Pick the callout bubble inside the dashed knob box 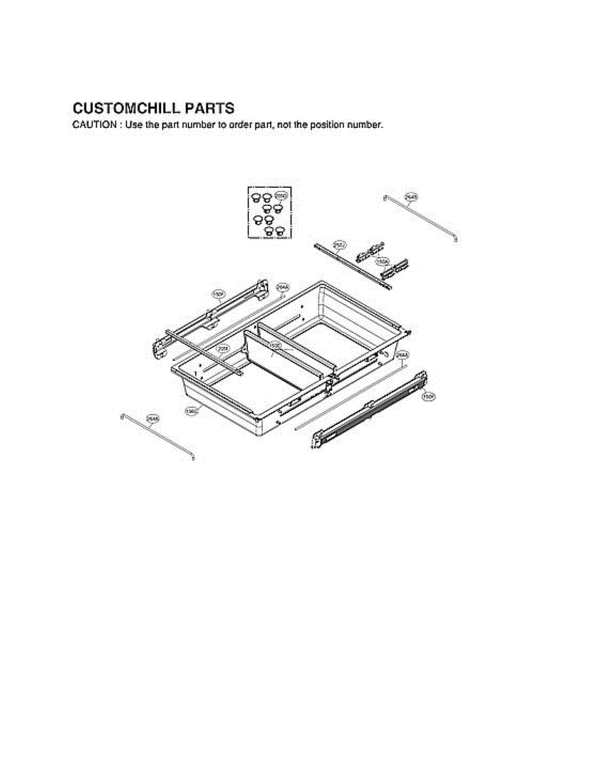(x=281, y=195)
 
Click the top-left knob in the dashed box (x=256, y=196)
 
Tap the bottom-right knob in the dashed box (x=280, y=230)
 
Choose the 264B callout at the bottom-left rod (x=153, y=418)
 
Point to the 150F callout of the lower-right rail (x=428, y=396)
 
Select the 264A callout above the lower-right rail (x=402, y=355)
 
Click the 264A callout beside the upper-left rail (x=282, y=286)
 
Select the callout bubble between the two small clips (x=383, y=261)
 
